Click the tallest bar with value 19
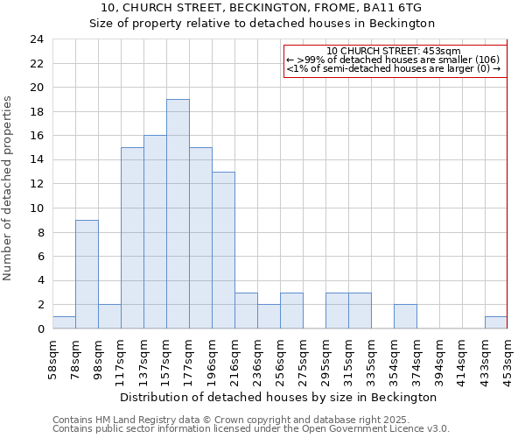coord(178,214)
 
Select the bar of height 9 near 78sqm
coord(87,274)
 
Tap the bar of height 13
coord(223,250)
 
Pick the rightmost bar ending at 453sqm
coord(496,322)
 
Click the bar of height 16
coord(155,232)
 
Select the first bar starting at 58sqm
coord(64,322)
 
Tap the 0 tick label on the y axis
coord(40,328)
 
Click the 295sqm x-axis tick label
coord(325,357)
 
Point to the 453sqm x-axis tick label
coord(507,357)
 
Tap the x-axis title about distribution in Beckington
coord(277,397)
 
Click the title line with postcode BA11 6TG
coord(262,8)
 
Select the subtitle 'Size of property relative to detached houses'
coord(262,24)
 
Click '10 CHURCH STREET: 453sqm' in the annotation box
coord(393,52)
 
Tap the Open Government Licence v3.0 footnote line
coord(250,429)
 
